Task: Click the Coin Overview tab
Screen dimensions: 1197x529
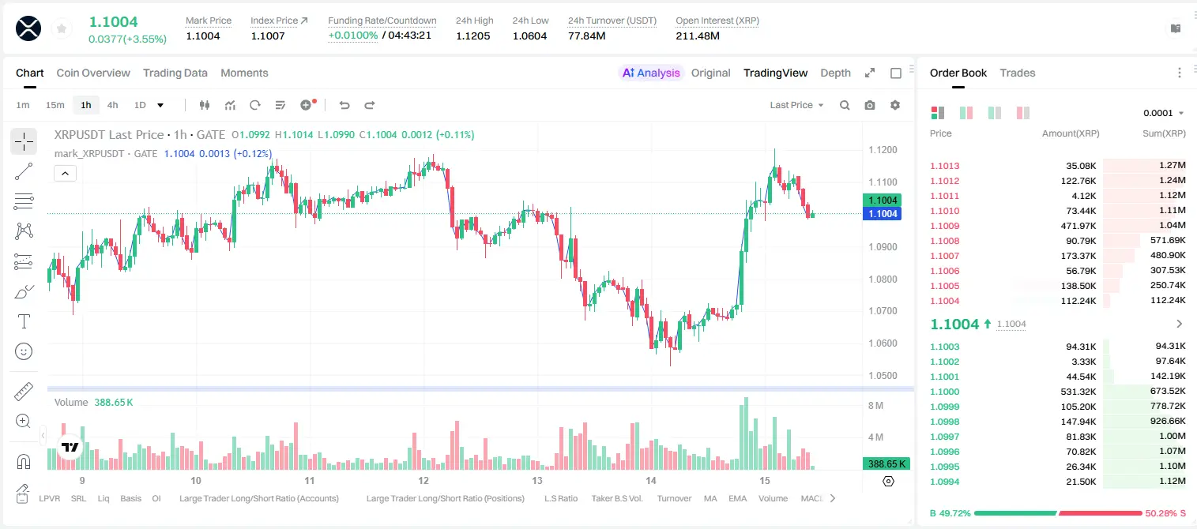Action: tap(93, 73)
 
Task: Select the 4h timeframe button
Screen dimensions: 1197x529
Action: tap(112, 105)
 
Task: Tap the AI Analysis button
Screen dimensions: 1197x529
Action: tap(651, 73)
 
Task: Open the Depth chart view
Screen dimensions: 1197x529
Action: tap(835, 73)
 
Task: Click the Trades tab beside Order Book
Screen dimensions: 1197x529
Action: tap(1018, 73)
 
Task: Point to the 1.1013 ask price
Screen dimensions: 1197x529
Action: tap(945, 166)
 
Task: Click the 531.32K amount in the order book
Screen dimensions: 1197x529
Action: tap(1078, 392)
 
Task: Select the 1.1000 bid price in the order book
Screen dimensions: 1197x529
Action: tap(945, 392)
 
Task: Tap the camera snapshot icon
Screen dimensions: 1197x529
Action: tap(870, 105)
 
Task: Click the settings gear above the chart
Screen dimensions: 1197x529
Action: tap(895, 105)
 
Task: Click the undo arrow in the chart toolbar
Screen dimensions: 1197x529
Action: tap(344, 105)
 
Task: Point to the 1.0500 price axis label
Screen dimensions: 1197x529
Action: tap(883, 375)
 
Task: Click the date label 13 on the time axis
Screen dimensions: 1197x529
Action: tap(537, 480)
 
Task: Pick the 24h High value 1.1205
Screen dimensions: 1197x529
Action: tap(473, 36)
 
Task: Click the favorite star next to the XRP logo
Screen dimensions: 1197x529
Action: tap(62, 28)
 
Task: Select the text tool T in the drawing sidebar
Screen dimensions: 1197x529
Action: tap(24, 321)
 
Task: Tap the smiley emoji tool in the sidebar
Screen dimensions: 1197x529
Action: tap(24, 351)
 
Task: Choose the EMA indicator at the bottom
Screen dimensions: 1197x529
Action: tap(737, 498)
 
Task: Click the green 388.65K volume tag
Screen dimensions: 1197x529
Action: tap(886, 464)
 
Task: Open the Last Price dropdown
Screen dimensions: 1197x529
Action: tap(796, 105)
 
